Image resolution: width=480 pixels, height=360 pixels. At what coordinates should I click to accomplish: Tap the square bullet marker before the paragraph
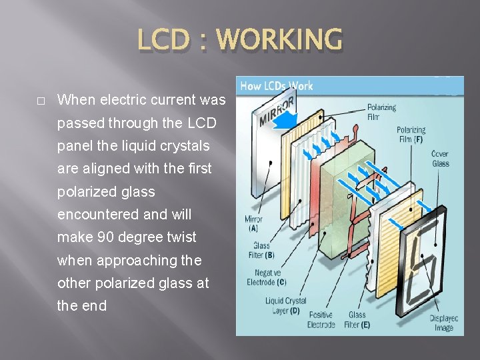tap(41, 101)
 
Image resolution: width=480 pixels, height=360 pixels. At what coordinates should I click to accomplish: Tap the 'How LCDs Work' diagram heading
tap(277, 85)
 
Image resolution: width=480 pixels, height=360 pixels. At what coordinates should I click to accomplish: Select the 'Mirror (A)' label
tap(253, 223)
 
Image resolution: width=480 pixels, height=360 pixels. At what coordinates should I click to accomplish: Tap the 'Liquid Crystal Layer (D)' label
tap(286, 305)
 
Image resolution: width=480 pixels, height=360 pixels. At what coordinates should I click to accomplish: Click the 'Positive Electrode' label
tap(321, 319)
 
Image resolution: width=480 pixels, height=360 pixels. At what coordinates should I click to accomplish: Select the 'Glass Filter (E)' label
tap(357, 319)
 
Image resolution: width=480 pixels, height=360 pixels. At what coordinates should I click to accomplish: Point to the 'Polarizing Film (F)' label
tap(410, 135)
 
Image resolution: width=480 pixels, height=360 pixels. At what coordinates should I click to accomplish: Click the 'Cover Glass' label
tap(441, 158)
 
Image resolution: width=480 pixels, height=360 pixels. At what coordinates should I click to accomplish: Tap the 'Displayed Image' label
tap(443, 323)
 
